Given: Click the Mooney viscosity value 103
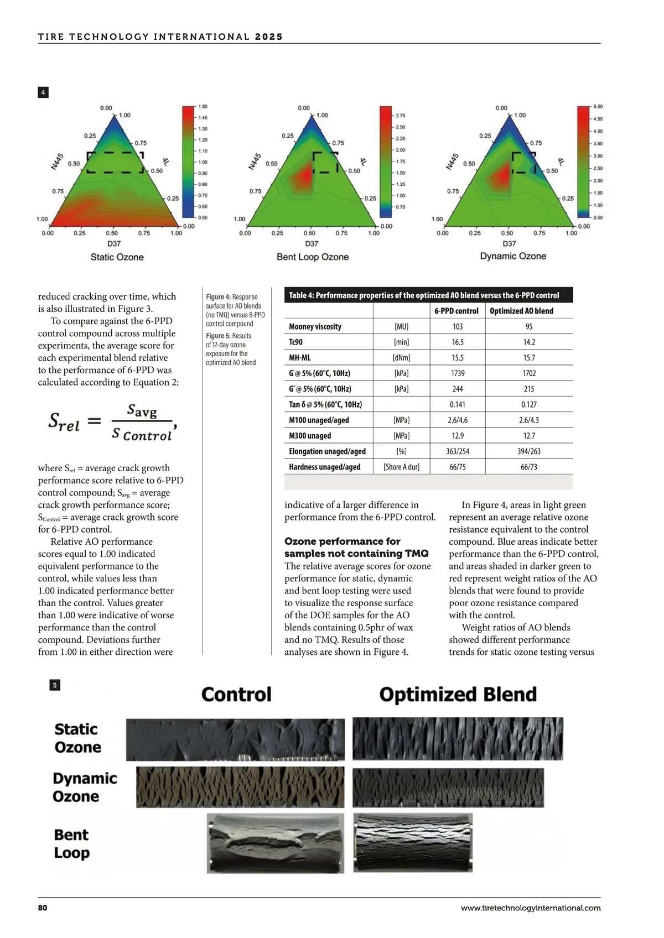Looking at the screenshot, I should [457, 327].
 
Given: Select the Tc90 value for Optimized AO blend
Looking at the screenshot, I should [529, 342].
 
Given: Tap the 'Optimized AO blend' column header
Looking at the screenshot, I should [521, 311].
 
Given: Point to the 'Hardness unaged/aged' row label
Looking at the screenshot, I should [324, 467].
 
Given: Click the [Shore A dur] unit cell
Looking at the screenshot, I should [401, 467].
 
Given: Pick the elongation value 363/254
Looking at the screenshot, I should [457, 451].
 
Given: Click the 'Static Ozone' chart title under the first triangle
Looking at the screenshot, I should [117, 257].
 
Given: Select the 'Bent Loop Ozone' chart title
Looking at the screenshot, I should [313, 257].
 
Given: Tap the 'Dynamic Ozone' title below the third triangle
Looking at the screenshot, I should [513, 256].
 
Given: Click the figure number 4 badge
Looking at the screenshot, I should [43, 92].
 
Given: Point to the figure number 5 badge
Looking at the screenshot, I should [55, 685].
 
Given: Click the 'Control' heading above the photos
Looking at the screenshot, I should [236, 695].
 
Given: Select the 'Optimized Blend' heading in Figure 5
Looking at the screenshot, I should [458, 695].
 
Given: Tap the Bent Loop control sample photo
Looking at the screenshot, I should [276, 843].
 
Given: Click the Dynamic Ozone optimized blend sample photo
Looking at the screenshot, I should [448, 788].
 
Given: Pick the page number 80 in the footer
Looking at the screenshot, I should [43, 908].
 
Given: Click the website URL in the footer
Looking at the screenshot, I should [530, 908].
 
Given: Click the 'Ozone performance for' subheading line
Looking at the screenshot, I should [342, 541].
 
